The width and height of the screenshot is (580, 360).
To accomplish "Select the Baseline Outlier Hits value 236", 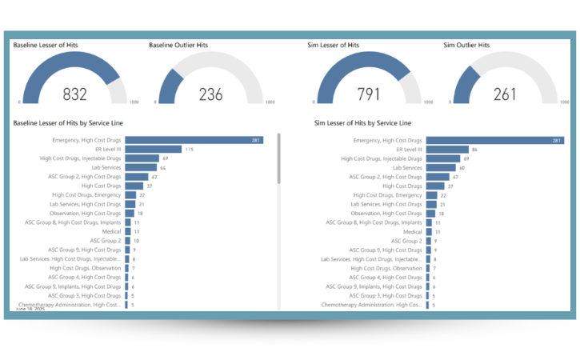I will (210, 94).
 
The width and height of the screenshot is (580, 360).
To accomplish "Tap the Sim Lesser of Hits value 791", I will (369, 94).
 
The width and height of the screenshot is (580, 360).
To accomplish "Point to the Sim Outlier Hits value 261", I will (505, 94).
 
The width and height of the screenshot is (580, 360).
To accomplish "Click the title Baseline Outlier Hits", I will (178, 45).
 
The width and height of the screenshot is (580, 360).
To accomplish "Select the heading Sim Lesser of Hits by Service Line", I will (363, 123).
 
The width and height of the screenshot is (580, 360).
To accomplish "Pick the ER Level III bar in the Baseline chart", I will (153, 149).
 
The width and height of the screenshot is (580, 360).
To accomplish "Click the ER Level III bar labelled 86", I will (447, 149).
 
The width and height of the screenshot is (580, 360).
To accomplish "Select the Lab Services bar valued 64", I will (140, 167).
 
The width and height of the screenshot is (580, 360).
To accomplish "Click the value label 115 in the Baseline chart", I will (189, 149).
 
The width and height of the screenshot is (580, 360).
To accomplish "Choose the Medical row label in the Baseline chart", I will (110, 231).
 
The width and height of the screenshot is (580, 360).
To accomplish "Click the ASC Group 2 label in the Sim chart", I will (407, 241).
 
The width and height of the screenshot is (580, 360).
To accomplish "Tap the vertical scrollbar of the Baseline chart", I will (278, 160).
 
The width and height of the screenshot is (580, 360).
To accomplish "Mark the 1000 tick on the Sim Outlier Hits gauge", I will (572, 102).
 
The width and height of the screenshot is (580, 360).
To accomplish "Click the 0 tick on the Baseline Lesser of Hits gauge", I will (20, 102).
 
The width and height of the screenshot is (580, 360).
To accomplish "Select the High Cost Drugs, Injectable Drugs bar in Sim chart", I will (443, 158).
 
